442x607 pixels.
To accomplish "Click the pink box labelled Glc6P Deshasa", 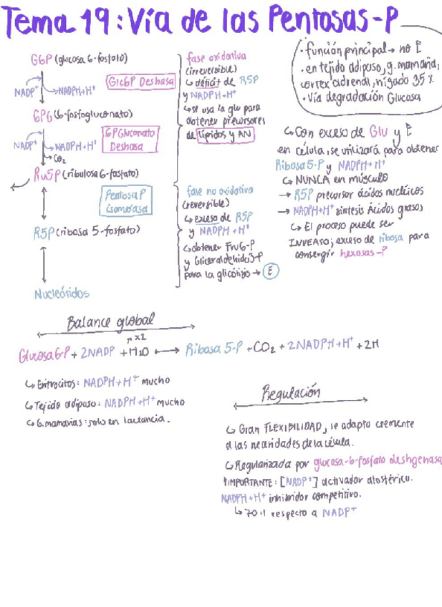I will [141, 82].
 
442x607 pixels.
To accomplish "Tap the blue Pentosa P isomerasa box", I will [126, 201].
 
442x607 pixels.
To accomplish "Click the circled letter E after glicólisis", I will [270, 271].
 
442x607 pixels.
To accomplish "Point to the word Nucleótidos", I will [62, 293].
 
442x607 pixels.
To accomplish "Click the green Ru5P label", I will [44, 175].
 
